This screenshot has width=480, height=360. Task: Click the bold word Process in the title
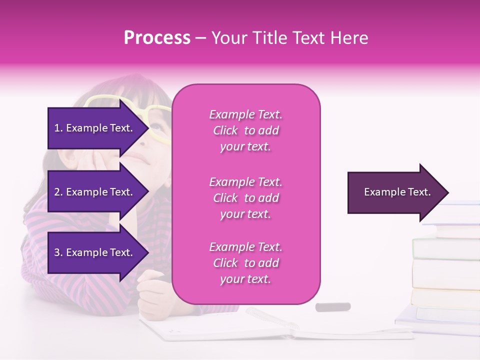(x=157, y=38)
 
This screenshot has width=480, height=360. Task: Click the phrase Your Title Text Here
(x=289, y=38)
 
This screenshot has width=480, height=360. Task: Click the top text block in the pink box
(x=245, y=130)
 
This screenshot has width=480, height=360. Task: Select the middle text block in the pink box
(x=245, y=198)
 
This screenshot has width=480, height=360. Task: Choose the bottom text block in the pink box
(x=245, y=263)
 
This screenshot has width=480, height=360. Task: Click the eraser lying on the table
(x=332, y=306)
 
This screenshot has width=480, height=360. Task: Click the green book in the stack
(x=445, y=248)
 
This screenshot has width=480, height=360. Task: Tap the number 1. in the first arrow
(x=58, y=128)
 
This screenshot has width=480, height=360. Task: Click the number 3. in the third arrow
(x=58, y=252)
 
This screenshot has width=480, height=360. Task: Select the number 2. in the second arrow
(x=58, y=192)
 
